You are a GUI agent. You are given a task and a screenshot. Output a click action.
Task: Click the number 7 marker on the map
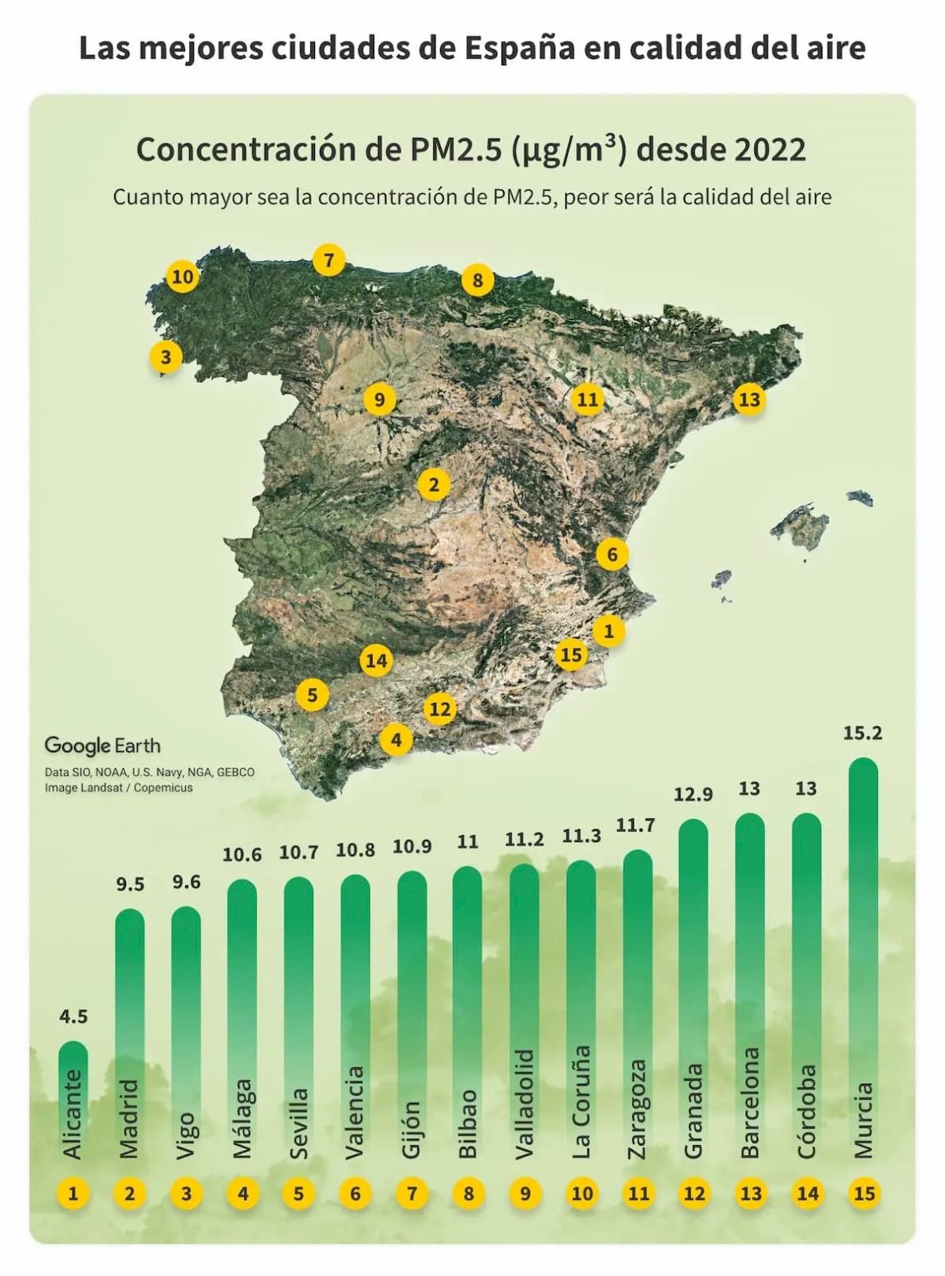(329, 260)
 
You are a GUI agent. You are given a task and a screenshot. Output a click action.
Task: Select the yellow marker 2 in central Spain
(434, 484)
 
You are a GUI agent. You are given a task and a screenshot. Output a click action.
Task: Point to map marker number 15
(571, 655)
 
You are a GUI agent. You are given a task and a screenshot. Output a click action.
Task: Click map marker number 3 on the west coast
(166, 356)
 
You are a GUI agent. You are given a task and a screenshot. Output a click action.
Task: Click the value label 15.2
(863, 733)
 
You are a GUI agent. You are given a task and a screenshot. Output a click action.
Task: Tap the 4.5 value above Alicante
(73, 1017)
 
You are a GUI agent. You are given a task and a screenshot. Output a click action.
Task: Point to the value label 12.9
(693, 794)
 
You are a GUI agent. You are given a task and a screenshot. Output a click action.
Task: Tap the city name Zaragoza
(637, 1109)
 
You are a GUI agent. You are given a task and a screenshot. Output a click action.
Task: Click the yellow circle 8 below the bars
(468, 1193)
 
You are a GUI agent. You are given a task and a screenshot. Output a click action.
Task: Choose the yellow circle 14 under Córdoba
(807, 1193)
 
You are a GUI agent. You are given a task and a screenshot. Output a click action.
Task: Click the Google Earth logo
(102, 746)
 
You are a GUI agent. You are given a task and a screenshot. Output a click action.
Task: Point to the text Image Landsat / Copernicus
(119, 788)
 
